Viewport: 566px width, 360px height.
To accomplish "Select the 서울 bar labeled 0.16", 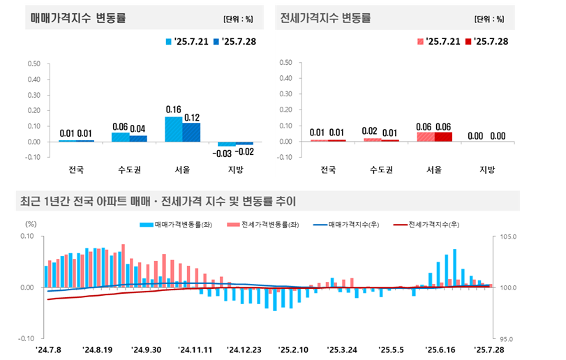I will click(173, 129).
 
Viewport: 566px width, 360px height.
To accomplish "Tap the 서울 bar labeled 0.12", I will click(191, 132).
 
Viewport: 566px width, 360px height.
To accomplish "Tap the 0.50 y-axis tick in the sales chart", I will click(33, 63).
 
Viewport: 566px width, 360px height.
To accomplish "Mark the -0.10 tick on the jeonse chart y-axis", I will click(283, 157).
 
